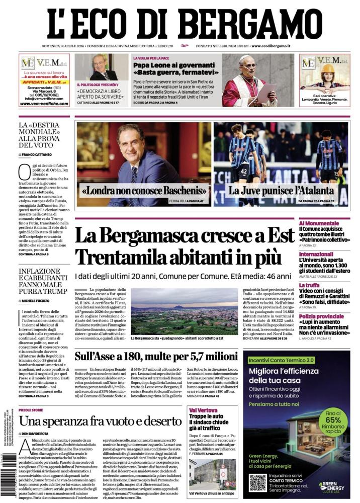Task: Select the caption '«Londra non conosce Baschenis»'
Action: click(x=144, y=191)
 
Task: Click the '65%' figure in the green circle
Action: click(x=332, y=421)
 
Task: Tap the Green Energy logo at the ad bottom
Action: click(x=331, y=486)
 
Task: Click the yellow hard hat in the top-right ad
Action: click(x=328, y=68)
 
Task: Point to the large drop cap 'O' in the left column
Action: click(x=24, y=172)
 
